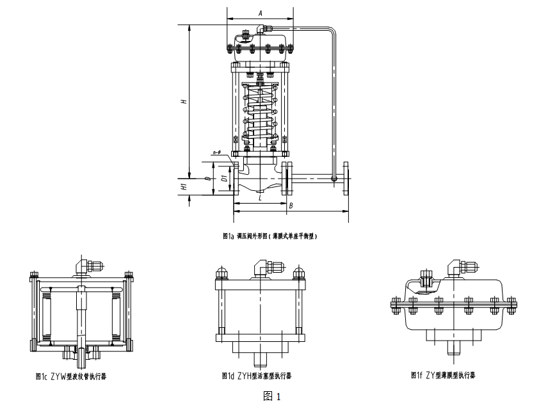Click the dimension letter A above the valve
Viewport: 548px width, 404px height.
point(260,13)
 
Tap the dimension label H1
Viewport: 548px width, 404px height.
point(183,187)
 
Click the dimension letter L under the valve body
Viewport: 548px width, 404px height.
point(259,198)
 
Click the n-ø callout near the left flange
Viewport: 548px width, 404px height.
point(216,153)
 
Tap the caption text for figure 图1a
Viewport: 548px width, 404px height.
point(270,236)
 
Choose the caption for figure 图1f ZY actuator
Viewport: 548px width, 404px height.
point(443,375)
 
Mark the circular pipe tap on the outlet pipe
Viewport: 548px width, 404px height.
point(334,179)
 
